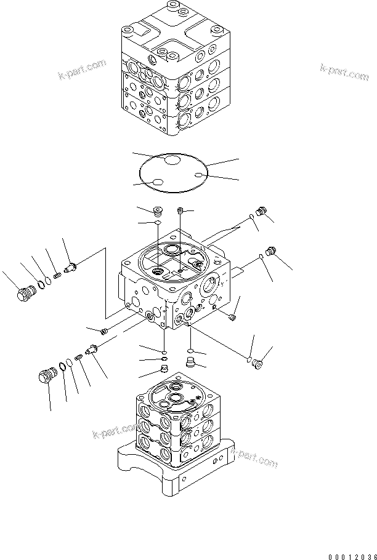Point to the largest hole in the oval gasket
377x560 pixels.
tap(172, 161)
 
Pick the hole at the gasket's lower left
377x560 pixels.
tap(158, 183)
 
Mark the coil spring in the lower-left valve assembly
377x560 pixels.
tap(79, 358)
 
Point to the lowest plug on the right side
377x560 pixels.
tap(257, 365)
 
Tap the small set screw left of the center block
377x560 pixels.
tap(104, 332)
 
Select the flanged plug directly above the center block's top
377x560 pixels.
tap(157, 211)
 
